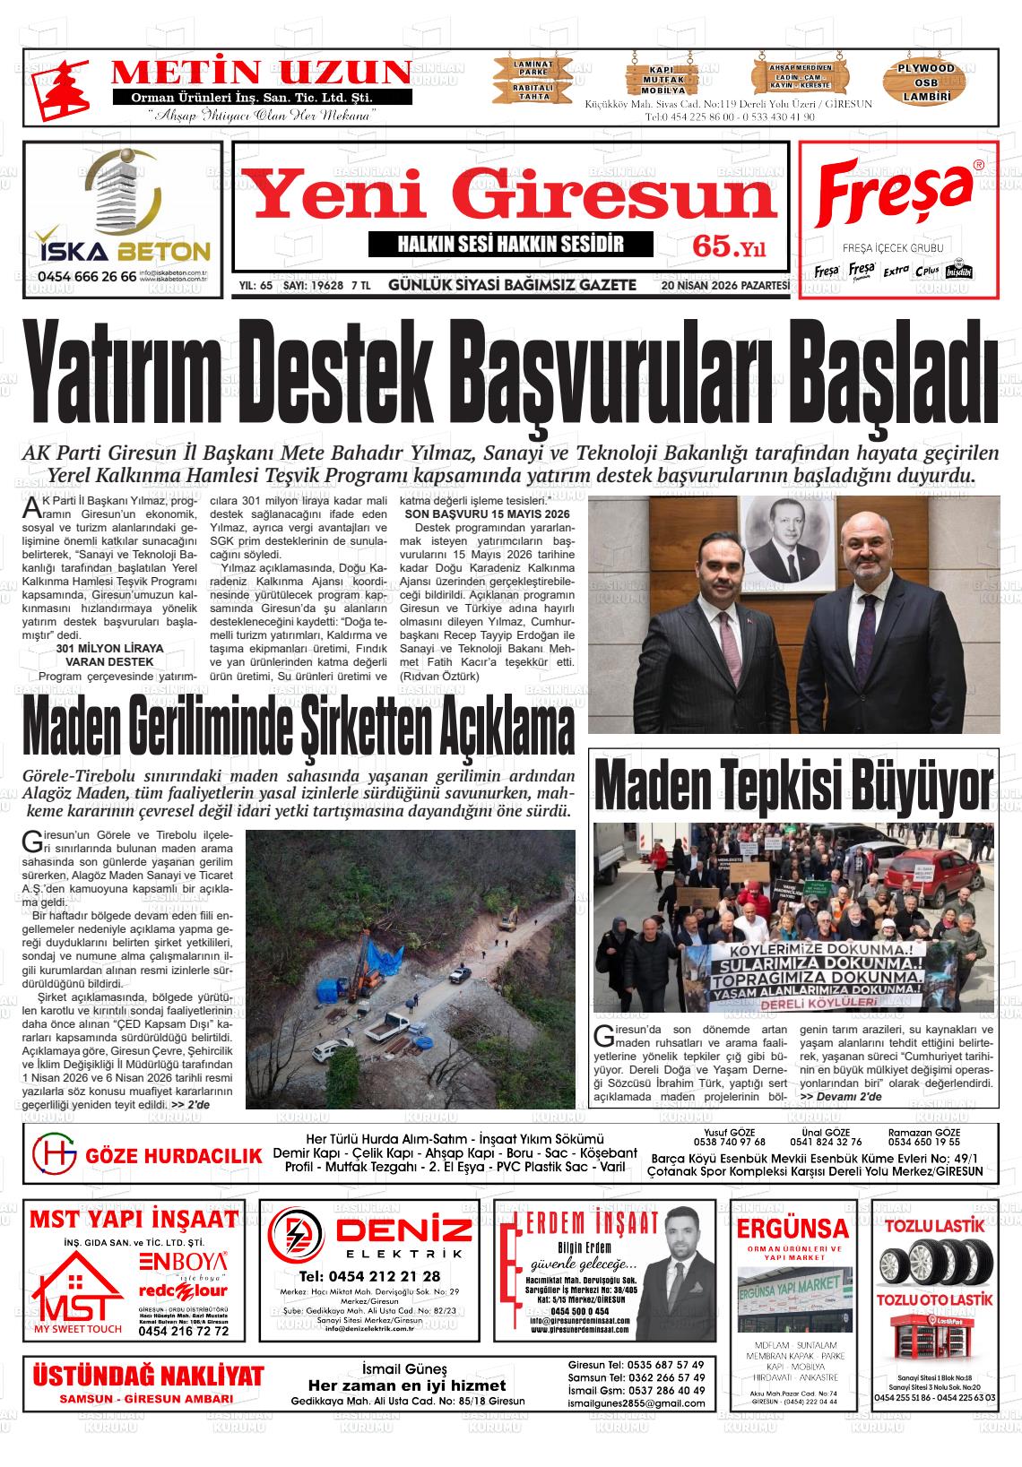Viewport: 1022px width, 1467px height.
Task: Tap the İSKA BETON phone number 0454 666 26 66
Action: (88, 277)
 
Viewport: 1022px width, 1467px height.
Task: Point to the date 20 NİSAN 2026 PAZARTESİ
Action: (725, 286)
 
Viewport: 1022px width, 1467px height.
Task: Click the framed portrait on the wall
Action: (784, 539)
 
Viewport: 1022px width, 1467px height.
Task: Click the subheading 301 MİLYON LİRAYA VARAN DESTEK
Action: (109, 654)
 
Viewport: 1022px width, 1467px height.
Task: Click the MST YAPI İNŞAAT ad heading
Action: (134, 1219)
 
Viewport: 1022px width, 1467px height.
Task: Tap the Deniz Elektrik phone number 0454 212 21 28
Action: (369, 1276)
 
